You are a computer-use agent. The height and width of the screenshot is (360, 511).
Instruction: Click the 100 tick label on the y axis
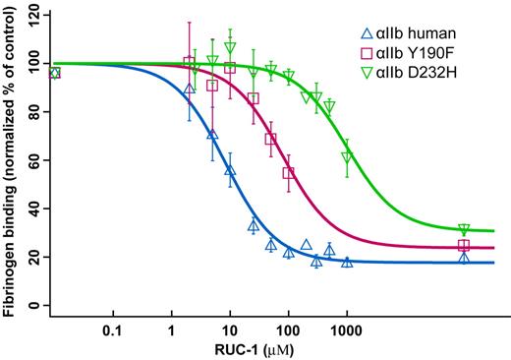click(34, 64)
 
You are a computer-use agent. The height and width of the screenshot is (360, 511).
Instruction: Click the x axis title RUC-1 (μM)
click(255, 349)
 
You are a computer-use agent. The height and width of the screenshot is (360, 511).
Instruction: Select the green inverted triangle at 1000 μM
click(346, 157)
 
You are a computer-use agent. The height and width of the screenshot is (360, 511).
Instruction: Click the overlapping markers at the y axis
click(54, 73)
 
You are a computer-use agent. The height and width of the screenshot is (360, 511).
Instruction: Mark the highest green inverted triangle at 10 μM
click(230, 47)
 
